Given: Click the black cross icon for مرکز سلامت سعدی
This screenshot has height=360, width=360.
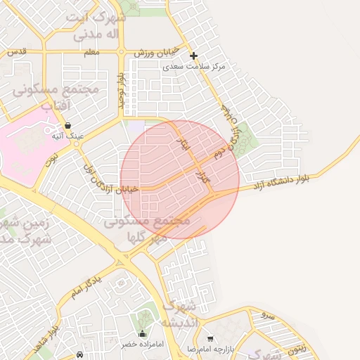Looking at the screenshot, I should [194, 56].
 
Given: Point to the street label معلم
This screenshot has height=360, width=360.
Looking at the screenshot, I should [91, 52].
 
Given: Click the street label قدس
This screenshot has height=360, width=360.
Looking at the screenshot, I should [15, 52].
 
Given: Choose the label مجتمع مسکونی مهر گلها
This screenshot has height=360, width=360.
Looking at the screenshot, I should [147, 229].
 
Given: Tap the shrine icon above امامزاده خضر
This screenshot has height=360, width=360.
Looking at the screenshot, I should [142, 333].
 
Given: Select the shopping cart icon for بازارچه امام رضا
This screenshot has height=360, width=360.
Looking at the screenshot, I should [210, 339].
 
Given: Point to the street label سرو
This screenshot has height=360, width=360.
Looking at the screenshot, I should [266, 315].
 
